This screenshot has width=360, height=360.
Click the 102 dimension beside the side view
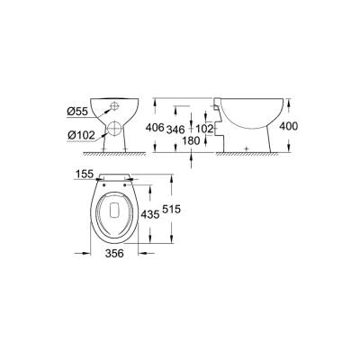207,129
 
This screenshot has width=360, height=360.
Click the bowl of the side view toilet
247,112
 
